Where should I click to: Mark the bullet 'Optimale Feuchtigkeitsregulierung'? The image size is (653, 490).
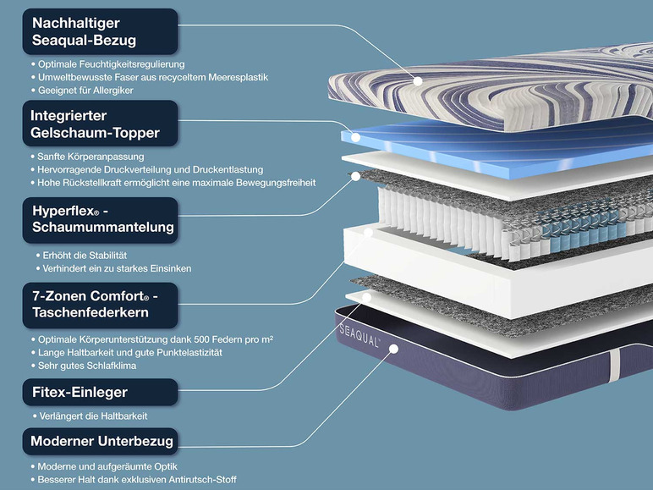(110, 63)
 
